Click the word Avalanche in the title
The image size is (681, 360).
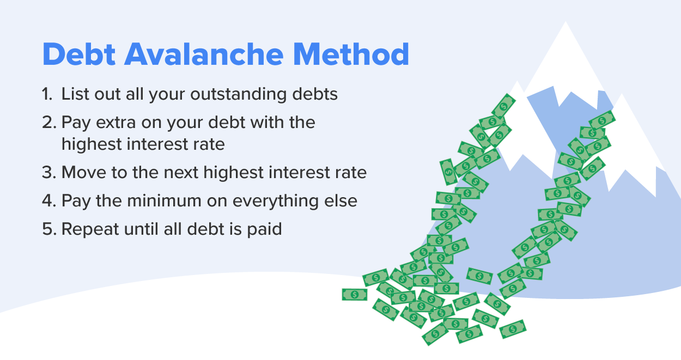pyautogui.click(x=204, y=54)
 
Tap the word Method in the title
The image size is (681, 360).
pyautogui.click(x=351, y=54)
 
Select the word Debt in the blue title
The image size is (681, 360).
pyautogui.click(x=79, y=54)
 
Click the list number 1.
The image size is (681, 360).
pyautogui.click(x=47, y=94)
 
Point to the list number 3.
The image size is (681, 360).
pyautogui.click(x=49, y=172)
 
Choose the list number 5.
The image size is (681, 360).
pyautogui.click(x=49, y=229)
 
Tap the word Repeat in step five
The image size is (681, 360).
pyautogui.click(x=90, y=230)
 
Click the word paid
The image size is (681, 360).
pyautogui.click(x=264, y=230)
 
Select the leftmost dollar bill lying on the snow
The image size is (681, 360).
pyautogui.click(x=355, y=295)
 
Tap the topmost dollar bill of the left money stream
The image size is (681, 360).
pyautogui.click(x=503, y=106)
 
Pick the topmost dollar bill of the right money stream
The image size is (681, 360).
pyautogui.click(x=602, y=120)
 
